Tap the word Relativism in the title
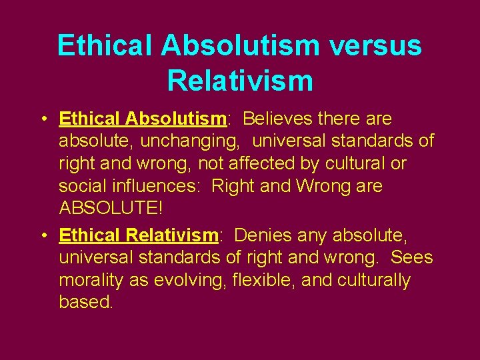click(x=240, y=80)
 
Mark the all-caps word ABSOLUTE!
click(x=111, y=208)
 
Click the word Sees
click(x=412, y=257)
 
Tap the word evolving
click(x=189, y=280)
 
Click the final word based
click(x=86, y=302)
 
